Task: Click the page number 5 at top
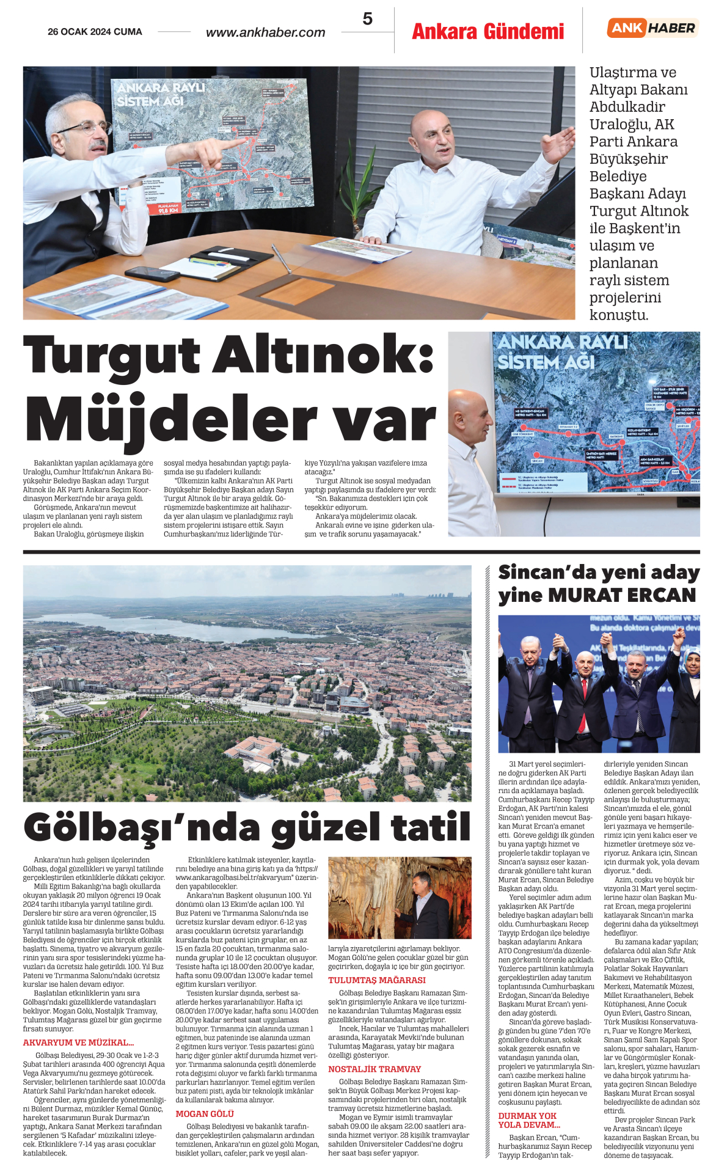tap(367, 19)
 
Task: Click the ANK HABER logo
tap(652, 28)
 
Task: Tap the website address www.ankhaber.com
tap(265, 32)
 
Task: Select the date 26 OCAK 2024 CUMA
tap(95, 32)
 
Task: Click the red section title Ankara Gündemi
tap(488, 31)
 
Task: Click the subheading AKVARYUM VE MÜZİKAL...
tap(78, 1042)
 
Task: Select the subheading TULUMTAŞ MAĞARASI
tap(376, 980)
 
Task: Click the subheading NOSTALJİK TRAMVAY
tap(374, 1069)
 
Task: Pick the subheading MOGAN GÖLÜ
tap(205, 1114)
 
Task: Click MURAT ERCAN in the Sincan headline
tap(622, 595)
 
